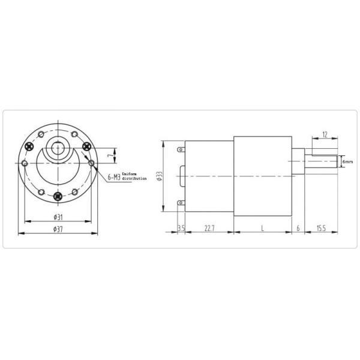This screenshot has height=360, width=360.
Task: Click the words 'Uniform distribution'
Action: pyautogui.click(x=134, y=176)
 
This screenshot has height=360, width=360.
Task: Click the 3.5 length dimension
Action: pyautogui.click(x=181, y=229)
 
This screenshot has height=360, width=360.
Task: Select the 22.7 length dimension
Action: pyautogui.click(x=209, y=229)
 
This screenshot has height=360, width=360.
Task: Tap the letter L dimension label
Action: pyautogui.click(x=262, y=229)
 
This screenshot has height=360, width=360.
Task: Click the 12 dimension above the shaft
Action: pyautogui.click(x=325, y=136)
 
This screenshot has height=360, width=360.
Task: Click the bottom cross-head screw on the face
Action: pyautogui.click(x=58, y=196)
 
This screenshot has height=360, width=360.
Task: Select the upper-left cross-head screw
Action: pyautogui.click(x=29, y=146)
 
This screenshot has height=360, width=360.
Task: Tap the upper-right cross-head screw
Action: pyautogui.click(x=86, y=146)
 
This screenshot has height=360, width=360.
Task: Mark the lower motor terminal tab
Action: pyautogui.click(x=181, y=204)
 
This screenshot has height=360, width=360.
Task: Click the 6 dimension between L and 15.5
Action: pyautogui.click(x=298, y=229)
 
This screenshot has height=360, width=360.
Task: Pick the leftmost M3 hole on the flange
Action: pyautogui.click(x=24, y=163)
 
